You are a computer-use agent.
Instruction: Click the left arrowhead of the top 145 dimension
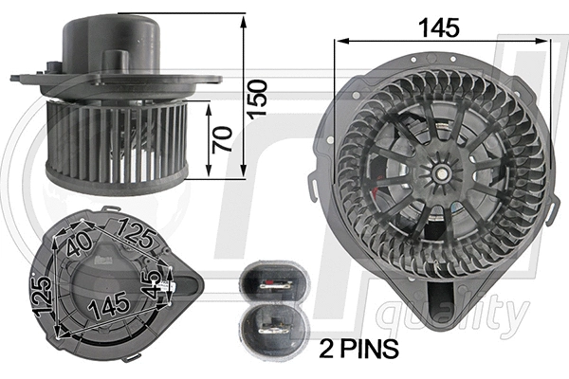(339, 41)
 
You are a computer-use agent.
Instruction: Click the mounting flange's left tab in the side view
(24, 77)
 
